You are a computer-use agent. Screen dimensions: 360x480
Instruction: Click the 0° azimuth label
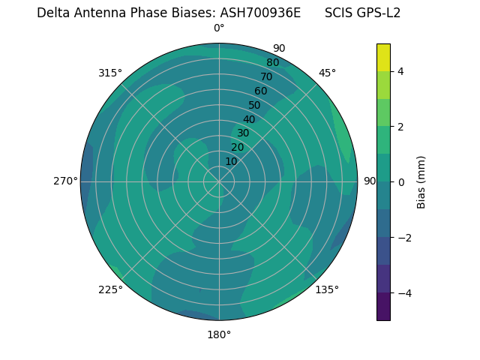click(x=219, y=28)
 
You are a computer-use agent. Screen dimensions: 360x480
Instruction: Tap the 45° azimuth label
click(x=327, y=73)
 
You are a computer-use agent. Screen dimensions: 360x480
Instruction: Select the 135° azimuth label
click(x=327, y=289)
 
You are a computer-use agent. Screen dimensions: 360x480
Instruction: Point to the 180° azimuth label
click(x=219, y=334)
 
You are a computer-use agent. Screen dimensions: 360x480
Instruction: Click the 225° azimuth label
click(x=110, y=290)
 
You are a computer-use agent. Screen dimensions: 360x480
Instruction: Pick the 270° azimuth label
click(x=65, y=181)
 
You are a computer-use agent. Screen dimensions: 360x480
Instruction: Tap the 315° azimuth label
click(x=110, y=73)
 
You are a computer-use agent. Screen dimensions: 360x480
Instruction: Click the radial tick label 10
click(x=231, y=161)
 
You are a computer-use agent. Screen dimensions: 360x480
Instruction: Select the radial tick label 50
click(x=255, y=106)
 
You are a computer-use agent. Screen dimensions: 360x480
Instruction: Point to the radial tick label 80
click(x=273, y=63)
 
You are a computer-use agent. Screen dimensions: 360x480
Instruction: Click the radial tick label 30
click(x=243, y=133)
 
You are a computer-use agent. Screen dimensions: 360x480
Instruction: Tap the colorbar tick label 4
click(x=401, y=71)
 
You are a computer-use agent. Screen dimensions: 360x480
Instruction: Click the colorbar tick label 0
click(x=401, y=181)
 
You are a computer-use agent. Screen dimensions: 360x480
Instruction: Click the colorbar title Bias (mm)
click(x=421, y=181)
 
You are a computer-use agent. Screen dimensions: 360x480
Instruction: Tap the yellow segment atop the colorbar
click(x=383, y=57)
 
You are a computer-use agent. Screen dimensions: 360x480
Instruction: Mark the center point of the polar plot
click(x=219, y=181)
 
